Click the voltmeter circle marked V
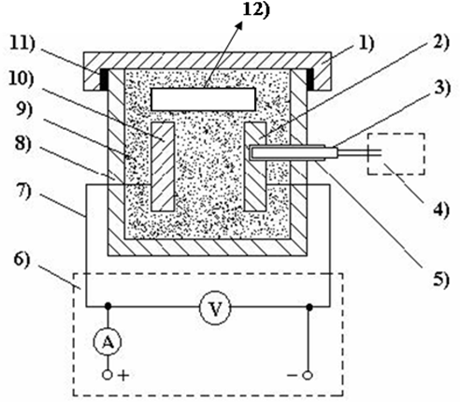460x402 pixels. [x=215, y=308]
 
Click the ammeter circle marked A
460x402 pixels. [x=108, y=342]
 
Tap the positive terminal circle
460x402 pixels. [x=107, y=375]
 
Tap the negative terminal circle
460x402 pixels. [x=308, y=375]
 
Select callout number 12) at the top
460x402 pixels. [x=256, y=9]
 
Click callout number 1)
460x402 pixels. [x=367, y=43]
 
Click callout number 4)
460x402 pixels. [x=441, y=209]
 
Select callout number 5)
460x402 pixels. [x=441, y=280]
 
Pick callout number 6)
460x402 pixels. [x=22, y=260]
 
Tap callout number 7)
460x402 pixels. [x=22, y=191]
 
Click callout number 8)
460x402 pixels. [x=23, y=144]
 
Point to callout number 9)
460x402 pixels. [x=23, y=109]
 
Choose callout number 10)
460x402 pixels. [x=22, y=79]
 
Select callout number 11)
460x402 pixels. [x=22, y=43]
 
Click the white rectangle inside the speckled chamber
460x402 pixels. [x=203, y=99]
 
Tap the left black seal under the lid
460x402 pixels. [x=104, y=79]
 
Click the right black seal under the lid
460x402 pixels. [x=310, y=79]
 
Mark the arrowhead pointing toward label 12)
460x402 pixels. [x=238, y=27]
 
